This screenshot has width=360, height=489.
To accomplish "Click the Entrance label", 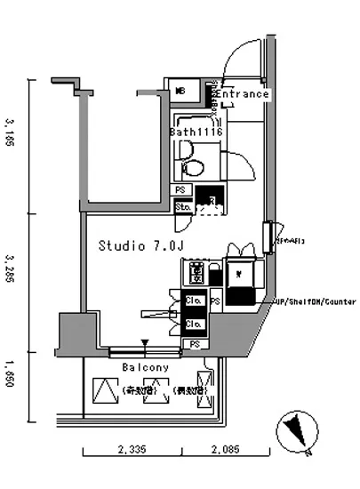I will click(x=242, y=94).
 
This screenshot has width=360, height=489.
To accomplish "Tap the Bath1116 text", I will click(x=196, y=132).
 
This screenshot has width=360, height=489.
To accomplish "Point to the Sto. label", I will click(x=183, y=207).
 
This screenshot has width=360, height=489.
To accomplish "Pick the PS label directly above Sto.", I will click(x=181, y=191).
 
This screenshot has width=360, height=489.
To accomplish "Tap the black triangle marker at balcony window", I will click(x=146, y=343).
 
